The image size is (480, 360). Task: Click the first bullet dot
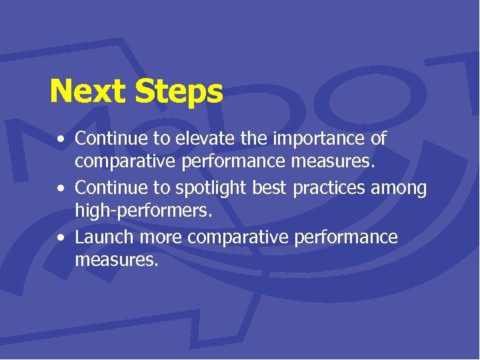tap(61, 141)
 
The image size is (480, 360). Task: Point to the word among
tap(401, 189)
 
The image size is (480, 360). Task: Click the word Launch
tap(104, 237)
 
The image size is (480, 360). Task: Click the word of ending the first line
tap(378, 139)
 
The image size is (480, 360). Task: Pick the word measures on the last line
tap(117, 260)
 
